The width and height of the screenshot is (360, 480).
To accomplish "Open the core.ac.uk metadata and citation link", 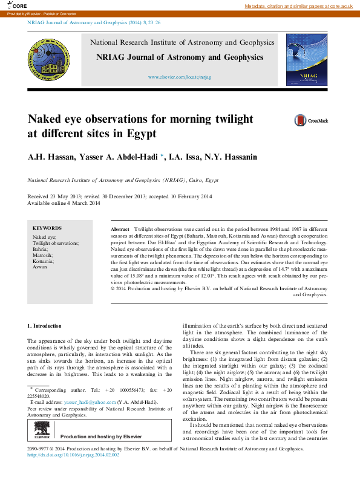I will [298, 6].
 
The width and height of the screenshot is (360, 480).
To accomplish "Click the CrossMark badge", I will [311, 121].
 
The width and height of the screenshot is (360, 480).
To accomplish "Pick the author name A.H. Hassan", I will [48, 157].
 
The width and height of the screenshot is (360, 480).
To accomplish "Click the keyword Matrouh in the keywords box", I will [42, 255].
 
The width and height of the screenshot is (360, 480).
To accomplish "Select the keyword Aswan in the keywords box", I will [39, 267].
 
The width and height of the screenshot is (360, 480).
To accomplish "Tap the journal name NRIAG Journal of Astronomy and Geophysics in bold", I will [180, 57].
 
